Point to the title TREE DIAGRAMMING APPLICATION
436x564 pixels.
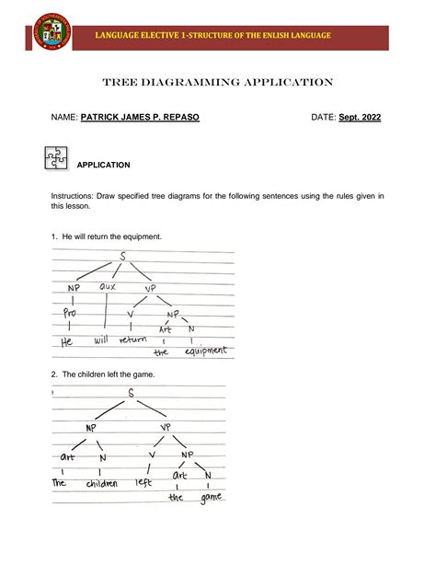[218, 82]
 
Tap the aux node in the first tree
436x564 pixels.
[109, 287]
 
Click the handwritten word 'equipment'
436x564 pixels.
[205, 350]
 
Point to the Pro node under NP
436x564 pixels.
[72, 313]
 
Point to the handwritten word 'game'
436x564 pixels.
[210, 498]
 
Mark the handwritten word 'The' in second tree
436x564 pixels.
[60, 482]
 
